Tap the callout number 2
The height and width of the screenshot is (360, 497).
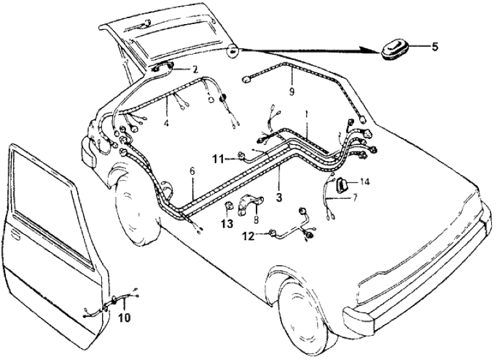pyautogui.click(x=194, y=69)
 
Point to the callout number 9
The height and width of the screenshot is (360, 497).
pyautogui.click(x=292, y=92)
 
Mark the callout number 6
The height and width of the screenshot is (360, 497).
pyautogui.click(x=192, y=171)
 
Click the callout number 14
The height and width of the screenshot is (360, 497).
pyautogui.click(x=364, y=183)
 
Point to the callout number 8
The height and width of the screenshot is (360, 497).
pyautogui.click(x=255, y=220)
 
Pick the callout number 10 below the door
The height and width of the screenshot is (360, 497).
pyautogui.click(x=124, y=318)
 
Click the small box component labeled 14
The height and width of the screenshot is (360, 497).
pyautogui.click(x=341, y=185)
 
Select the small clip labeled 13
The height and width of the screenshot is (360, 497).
pyautogui.click(x=229, y=209)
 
